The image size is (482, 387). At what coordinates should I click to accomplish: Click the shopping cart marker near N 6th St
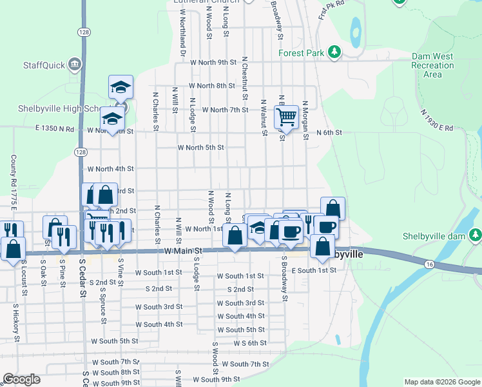286,117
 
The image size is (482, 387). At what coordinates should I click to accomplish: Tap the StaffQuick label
44,64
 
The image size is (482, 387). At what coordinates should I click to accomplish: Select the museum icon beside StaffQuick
75,64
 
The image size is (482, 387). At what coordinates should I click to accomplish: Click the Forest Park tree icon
334,52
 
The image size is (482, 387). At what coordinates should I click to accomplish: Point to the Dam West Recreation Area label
432,65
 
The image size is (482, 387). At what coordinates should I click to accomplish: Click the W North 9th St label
214,63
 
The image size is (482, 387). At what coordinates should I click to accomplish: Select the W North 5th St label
200,148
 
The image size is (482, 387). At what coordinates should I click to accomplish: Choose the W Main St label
183,250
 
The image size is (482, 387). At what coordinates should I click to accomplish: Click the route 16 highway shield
429,264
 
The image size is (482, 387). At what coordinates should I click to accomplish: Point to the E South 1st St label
314,270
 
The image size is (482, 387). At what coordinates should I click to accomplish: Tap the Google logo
21,379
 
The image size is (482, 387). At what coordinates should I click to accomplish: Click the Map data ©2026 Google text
441,382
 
